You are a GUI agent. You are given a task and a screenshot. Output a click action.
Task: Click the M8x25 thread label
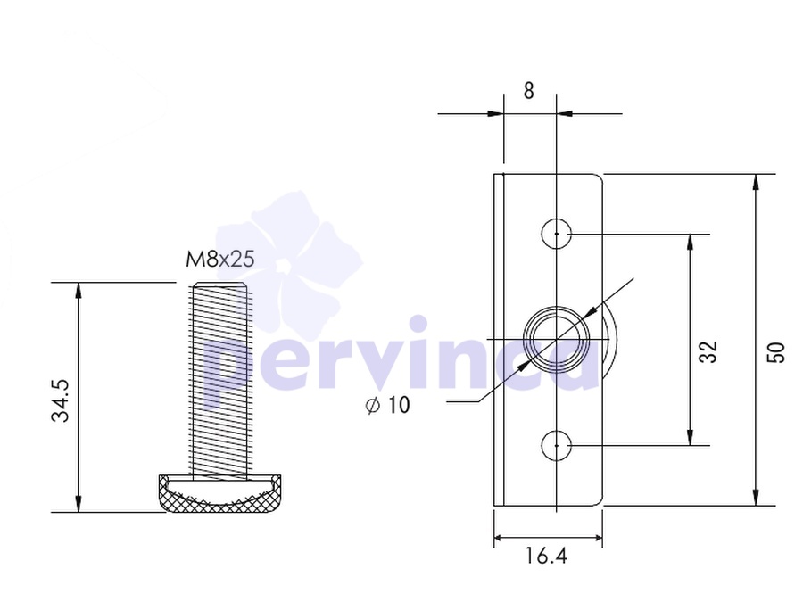(219, 259)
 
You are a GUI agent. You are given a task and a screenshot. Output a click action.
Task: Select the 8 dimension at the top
(528, 91)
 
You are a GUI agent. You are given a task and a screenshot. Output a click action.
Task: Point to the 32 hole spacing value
(708, 351)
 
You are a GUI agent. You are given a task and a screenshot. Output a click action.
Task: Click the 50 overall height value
(776, 352)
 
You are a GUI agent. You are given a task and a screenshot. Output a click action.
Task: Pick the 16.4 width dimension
(546, 556)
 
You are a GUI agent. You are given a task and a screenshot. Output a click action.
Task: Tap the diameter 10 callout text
(388, 405)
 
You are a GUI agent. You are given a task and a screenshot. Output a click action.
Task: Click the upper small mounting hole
(556, 234)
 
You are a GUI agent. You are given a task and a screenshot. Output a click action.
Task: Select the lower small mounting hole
(556, 445)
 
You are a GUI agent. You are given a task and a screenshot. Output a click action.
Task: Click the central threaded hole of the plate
(556, 339)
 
